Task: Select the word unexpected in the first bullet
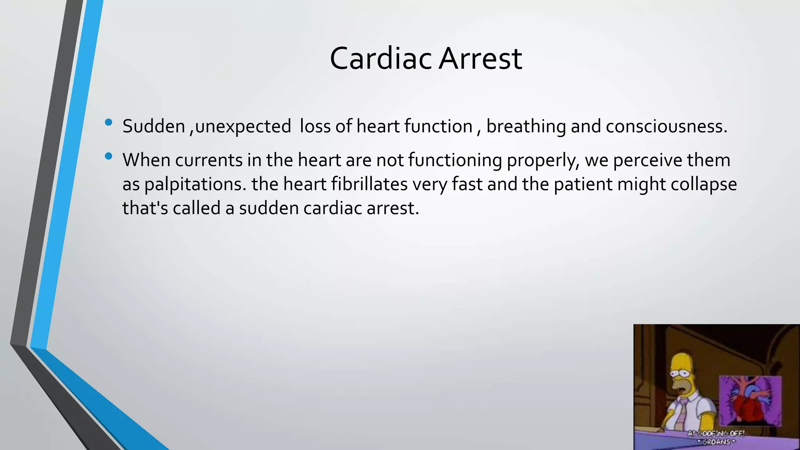coord(243,127)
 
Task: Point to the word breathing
coord(526,127)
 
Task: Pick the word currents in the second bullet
coord(209,160)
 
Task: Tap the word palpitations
coord(195,184)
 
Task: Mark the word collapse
coord(704,184)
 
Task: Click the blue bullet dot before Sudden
coord(109,123)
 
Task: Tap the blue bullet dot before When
coord(109,157)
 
